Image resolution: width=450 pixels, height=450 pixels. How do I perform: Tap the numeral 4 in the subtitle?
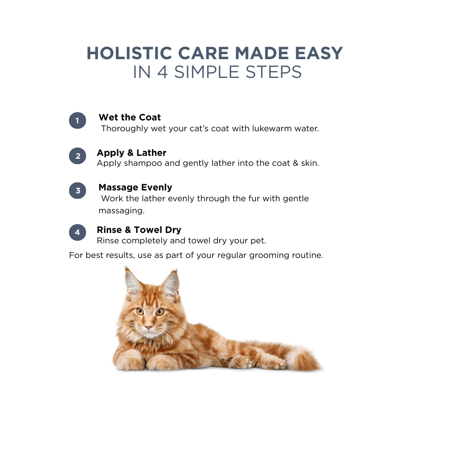pos(162,72)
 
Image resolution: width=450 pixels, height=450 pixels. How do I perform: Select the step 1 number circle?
pos(77,120)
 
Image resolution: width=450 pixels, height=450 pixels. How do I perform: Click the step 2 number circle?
pos(77,156)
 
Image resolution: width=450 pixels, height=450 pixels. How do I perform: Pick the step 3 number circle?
pos(77,191)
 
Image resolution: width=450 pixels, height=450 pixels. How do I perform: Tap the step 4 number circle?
pos(77,232)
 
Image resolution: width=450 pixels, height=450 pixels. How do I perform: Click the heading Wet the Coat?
pos(130,117)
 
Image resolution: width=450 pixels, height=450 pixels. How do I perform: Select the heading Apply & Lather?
pos(131,152)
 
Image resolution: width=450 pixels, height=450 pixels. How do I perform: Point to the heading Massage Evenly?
pos(135,187)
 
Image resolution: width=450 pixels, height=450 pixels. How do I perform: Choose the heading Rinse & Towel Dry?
pos(139,230)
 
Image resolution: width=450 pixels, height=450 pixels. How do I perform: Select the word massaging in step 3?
pos(121,211)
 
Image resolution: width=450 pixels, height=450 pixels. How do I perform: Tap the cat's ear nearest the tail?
pos(170,284)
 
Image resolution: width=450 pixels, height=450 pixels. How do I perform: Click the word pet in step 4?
pos(259,241)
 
